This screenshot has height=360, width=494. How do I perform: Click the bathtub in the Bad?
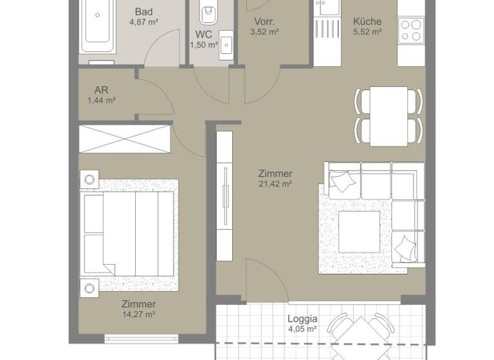(98, 26)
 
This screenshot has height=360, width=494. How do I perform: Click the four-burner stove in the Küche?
(410, 29)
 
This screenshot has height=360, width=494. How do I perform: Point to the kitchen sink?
(328, 8)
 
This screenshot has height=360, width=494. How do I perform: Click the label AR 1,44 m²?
(101, 95)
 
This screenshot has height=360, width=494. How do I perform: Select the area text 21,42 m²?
(275, 184)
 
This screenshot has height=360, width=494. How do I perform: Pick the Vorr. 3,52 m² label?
(264, 26)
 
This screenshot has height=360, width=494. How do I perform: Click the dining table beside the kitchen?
(389, 116)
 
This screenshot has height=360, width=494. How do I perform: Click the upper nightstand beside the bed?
(89, 178)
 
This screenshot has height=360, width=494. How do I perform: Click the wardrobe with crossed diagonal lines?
(125, 138)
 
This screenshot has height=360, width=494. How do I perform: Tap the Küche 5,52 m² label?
(367, 26)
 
